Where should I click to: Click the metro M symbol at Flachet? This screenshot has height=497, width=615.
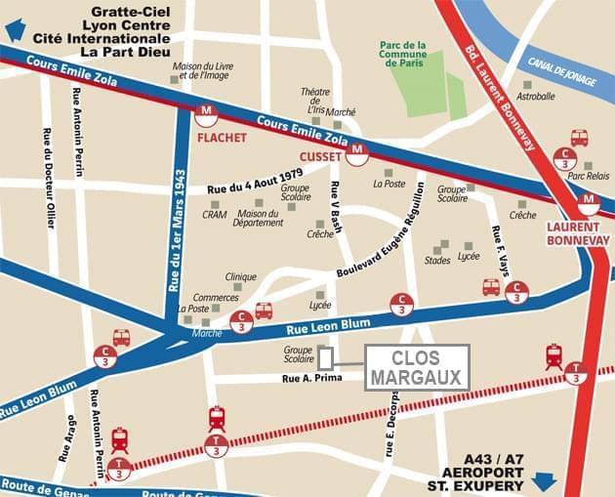206,115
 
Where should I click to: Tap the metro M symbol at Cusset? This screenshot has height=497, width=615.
357,151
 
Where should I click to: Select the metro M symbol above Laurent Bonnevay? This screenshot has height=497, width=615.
588,203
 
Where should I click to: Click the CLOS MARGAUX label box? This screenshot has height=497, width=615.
417,367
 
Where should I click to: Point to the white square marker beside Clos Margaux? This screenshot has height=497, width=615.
326,358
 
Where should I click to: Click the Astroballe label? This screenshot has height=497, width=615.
536,97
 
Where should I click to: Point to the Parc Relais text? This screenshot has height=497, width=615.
589,177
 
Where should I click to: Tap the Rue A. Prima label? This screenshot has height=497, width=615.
311,378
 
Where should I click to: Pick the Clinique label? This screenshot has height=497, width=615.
240,276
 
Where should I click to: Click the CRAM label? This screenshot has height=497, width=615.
215,215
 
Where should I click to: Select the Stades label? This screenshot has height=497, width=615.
438,261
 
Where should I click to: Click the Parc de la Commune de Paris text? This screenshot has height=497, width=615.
403,55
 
